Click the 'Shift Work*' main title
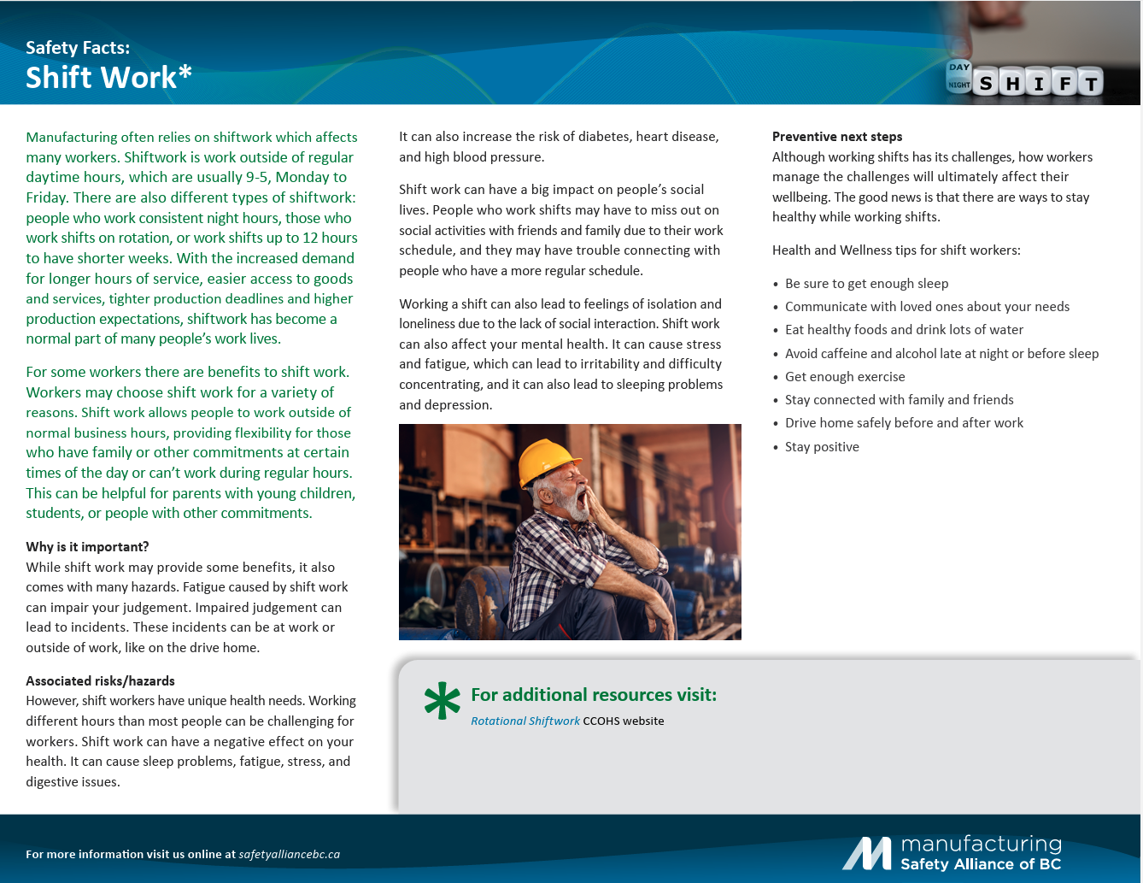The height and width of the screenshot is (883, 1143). [x=108, y=78]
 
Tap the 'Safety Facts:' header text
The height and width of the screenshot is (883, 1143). [x=78, y=48]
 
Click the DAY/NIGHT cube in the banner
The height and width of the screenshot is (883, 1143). [x=958, y=76]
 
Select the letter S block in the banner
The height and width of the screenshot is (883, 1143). [x=987, y=83]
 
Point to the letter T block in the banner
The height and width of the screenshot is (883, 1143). [x=1089, y=83]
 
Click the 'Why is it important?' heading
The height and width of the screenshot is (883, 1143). [x=87, y=547]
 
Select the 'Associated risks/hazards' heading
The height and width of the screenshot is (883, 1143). [x=100, y=681]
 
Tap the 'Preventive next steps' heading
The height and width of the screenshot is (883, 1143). [x=836, y=137]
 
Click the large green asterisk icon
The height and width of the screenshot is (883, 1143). [x=443, y=700]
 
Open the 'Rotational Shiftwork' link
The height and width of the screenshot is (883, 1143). [x=525, y=721]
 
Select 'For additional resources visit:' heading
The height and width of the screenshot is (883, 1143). [x=594, y=695]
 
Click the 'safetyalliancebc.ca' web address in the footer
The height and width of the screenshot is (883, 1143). [x=289, y=854]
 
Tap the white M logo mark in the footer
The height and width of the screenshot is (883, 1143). [x=867, y=853]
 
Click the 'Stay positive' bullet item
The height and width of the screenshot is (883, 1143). [x=822, y=447]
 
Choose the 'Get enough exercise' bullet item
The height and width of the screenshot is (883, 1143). [x=844, y=377]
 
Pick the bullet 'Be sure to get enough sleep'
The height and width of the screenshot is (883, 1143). [x=866, y=284]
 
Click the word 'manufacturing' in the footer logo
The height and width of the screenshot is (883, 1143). [x=981, y=845]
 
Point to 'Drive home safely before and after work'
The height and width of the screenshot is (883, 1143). [x=904, y=423]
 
